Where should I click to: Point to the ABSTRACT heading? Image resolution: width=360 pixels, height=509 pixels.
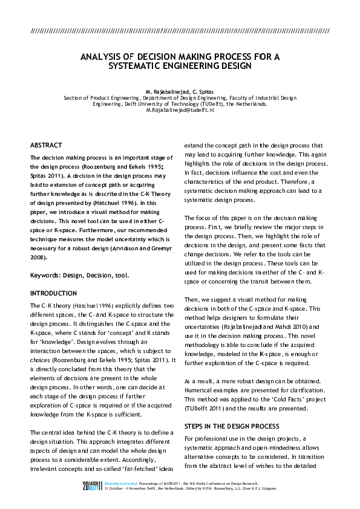click(46, 145)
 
